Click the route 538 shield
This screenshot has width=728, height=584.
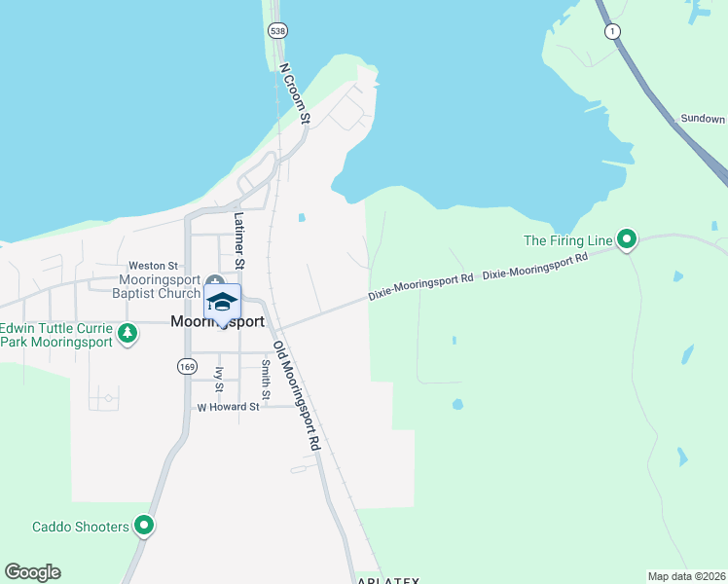(278, 31)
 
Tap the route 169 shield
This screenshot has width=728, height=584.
(186, 366)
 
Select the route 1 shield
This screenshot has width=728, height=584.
(611, 32)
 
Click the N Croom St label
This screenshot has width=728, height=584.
(294, 94)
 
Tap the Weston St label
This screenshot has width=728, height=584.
(154, 266)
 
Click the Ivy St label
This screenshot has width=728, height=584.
(219, 380)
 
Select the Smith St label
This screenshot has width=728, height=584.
(265, 380)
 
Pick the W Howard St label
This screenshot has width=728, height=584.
(228, 407)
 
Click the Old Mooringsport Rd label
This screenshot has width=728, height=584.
(296, 394)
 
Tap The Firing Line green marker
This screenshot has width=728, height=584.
(628, 238)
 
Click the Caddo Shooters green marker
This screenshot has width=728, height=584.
(145, 527)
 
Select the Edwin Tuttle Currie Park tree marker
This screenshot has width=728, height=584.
(127, 335)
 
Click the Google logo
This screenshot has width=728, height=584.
(33, 572)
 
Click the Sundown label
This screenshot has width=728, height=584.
(702, 119)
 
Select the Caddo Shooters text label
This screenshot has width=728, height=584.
(81, 527)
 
